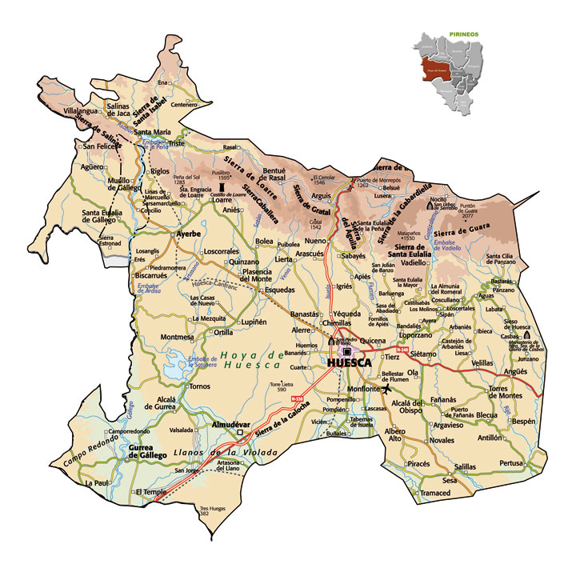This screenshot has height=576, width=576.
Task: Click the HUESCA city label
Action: (x=350, y=363)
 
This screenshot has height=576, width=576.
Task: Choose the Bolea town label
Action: (x=263, y=240)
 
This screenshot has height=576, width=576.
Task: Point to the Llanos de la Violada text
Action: (x=226, y=454)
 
